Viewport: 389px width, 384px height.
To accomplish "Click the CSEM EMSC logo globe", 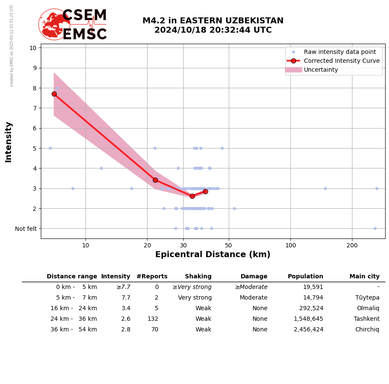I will [x=54, y=24].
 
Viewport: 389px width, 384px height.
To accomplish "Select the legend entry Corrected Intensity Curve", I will [x=341, y=61].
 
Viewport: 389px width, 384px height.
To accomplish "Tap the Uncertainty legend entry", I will [x=321, y=70].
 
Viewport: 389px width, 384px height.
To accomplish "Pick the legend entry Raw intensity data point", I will [x=340, y=52].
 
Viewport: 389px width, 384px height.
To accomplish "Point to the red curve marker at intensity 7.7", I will [x=54, y=94].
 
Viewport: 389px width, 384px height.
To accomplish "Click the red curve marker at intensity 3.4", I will [x=155, y=180].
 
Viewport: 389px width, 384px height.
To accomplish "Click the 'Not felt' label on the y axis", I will [x=26, y=229].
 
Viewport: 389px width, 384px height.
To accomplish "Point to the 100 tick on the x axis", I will [x=290, y=245].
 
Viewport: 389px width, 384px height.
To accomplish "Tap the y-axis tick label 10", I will [x=33, y=48].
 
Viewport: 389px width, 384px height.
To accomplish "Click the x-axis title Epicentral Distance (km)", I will [x=213, y=255].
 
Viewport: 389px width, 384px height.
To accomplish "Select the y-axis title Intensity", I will [x=9, y=142].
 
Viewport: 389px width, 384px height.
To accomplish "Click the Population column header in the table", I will [x=305, y=277].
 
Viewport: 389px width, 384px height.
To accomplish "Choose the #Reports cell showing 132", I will [x=153, y=319].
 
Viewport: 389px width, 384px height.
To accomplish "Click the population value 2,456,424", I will [x=308, y=330].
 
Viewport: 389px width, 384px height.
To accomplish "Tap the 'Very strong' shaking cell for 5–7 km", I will [x=195, y=298].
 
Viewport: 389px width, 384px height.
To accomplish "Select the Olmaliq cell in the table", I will [x=368, y=308].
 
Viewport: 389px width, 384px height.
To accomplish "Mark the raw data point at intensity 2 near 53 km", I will [x=234, y=208].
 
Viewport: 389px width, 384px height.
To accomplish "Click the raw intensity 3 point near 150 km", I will [x=325, y=188].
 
